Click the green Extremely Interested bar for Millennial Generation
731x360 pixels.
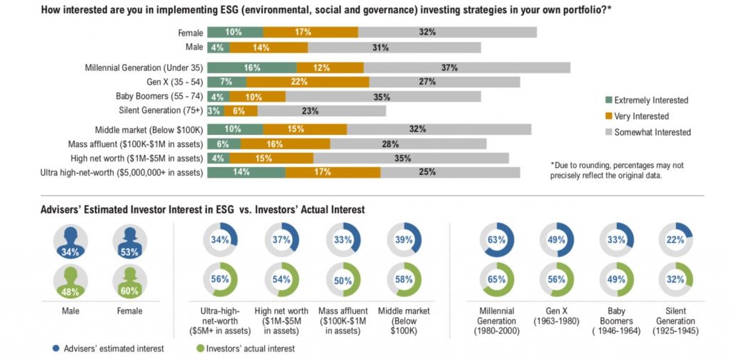(251, 67)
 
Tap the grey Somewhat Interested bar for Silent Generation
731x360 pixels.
(321, 111)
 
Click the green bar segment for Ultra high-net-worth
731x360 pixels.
(246, 172)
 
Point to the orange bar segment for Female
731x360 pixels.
(310, 32)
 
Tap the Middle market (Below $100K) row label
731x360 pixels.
(149, 129)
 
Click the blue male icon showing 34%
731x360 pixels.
(70, 243)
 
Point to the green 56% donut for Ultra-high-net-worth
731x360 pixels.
(219, 280)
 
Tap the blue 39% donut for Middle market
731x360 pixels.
(404, 241)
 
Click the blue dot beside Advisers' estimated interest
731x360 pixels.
(55, 349)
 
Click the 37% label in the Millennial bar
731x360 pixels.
(448, 67)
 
